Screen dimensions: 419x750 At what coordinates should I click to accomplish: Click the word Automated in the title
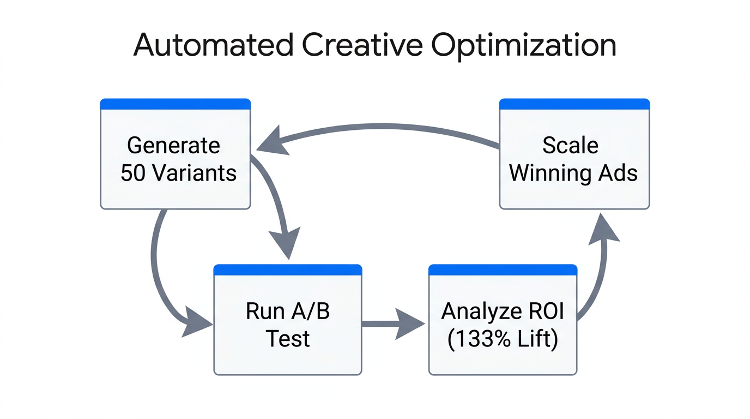click(213, 45)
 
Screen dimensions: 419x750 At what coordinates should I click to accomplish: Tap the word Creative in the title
click(361, 45)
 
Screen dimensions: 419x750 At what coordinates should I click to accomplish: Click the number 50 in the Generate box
click(132, 173)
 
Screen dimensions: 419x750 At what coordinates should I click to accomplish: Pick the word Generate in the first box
click(173, 146)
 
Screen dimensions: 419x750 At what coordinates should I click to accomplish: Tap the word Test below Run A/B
click(288, 339)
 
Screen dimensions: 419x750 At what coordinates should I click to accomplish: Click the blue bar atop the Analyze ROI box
click(503, 270)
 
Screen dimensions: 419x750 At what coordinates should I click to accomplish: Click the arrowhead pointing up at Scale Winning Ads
click(604, 229)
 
